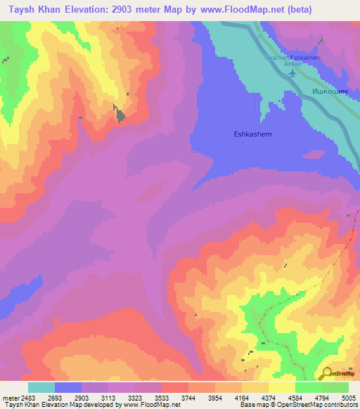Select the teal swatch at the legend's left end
[41, 387]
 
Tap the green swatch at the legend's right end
[335, 387]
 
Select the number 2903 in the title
[127, 9]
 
